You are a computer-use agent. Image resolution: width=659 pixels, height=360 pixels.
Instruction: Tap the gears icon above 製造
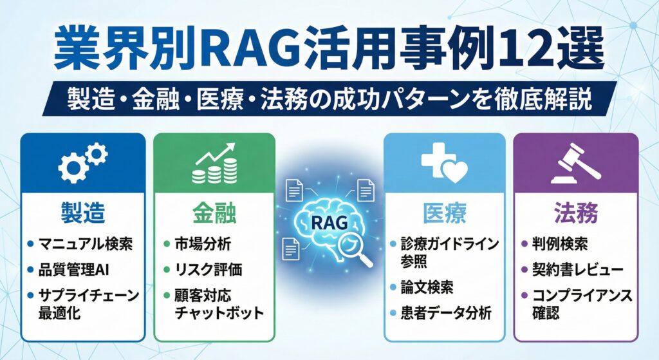(82, 163)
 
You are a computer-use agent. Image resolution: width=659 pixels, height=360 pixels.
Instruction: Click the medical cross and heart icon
(443, 162)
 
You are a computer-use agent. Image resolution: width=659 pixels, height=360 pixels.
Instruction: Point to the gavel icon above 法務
(575, 162)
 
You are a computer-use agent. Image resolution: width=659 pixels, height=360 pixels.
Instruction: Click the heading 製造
(82, 212)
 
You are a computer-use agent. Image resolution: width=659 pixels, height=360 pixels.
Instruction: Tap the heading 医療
(444, 212)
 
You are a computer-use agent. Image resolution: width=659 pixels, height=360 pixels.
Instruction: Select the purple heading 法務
(575, 212)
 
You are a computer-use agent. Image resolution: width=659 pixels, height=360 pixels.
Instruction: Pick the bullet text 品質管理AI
(74, 270)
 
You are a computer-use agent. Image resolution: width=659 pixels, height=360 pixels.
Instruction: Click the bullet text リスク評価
(207, 270)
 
